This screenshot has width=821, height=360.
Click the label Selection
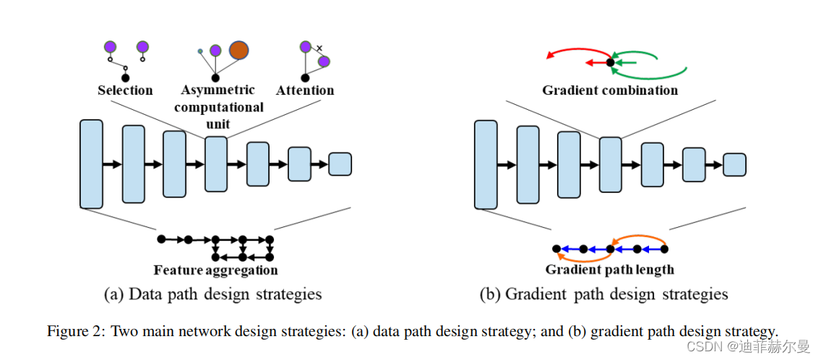pos(125,90)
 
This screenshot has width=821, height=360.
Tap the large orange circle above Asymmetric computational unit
pos(238,50)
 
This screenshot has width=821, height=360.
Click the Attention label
pos(305,90)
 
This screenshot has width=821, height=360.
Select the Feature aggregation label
pos(215,270)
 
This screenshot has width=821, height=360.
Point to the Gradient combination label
pos(610,90)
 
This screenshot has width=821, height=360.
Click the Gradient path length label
pos(609,270)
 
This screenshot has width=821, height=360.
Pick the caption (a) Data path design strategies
pos(213,294)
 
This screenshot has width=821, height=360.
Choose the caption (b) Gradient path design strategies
pos(603,294)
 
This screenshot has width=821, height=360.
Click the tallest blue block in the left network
pos(91,164)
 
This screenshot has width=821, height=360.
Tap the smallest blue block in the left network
pos(340,164)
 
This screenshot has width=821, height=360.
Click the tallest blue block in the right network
pos(486,164)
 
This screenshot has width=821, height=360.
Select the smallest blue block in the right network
pos(734,164)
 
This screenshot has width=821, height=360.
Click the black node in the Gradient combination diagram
pos(610,63)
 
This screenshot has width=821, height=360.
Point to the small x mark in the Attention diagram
pos(319,48)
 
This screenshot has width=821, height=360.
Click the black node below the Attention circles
pos(305,77)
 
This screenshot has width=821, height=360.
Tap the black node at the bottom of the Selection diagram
pos(125,77)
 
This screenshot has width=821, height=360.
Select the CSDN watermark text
pos(701,346)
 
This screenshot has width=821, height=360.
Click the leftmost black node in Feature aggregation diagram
pos(161,239)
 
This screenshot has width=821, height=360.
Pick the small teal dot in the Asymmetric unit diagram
pos(200,52)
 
